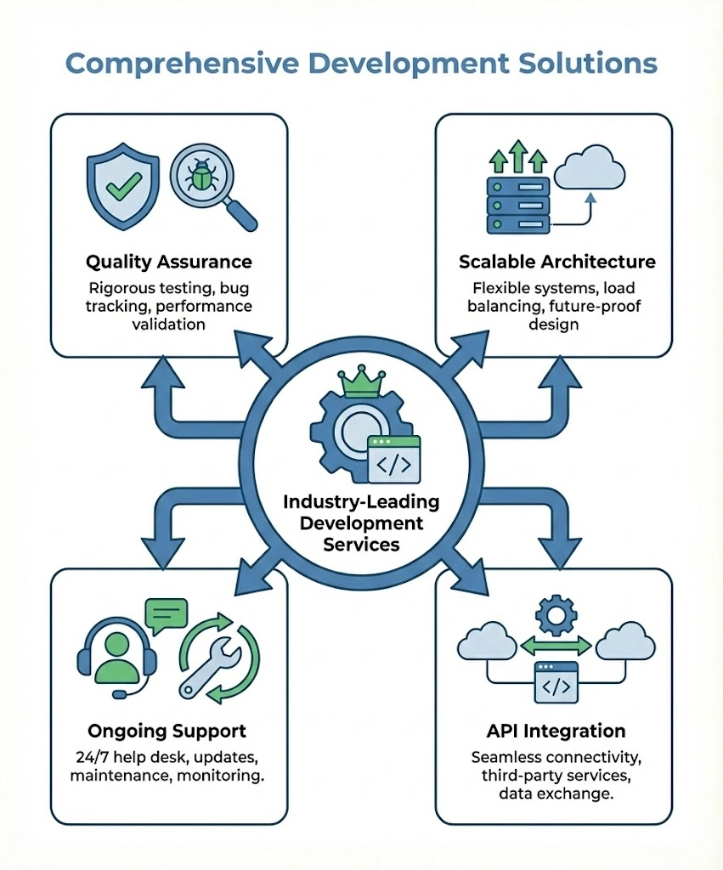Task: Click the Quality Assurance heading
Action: click(x=168, y=260)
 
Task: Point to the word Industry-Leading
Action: click(x=361, y=501)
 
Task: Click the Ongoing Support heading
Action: click(x=167, y=731)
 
